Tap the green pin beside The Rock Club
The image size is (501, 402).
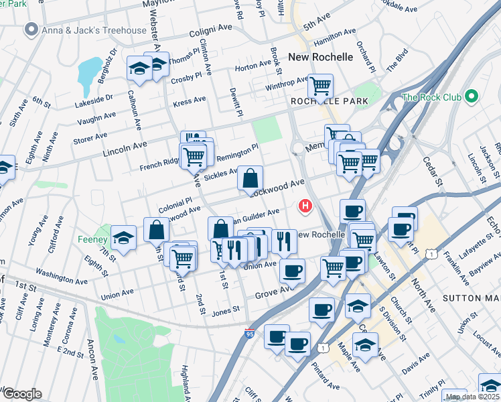point(472,96)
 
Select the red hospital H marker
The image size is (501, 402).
point(305,206)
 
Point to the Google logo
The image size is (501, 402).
point(21,393)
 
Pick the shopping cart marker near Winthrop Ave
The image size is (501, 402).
point(320,85)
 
